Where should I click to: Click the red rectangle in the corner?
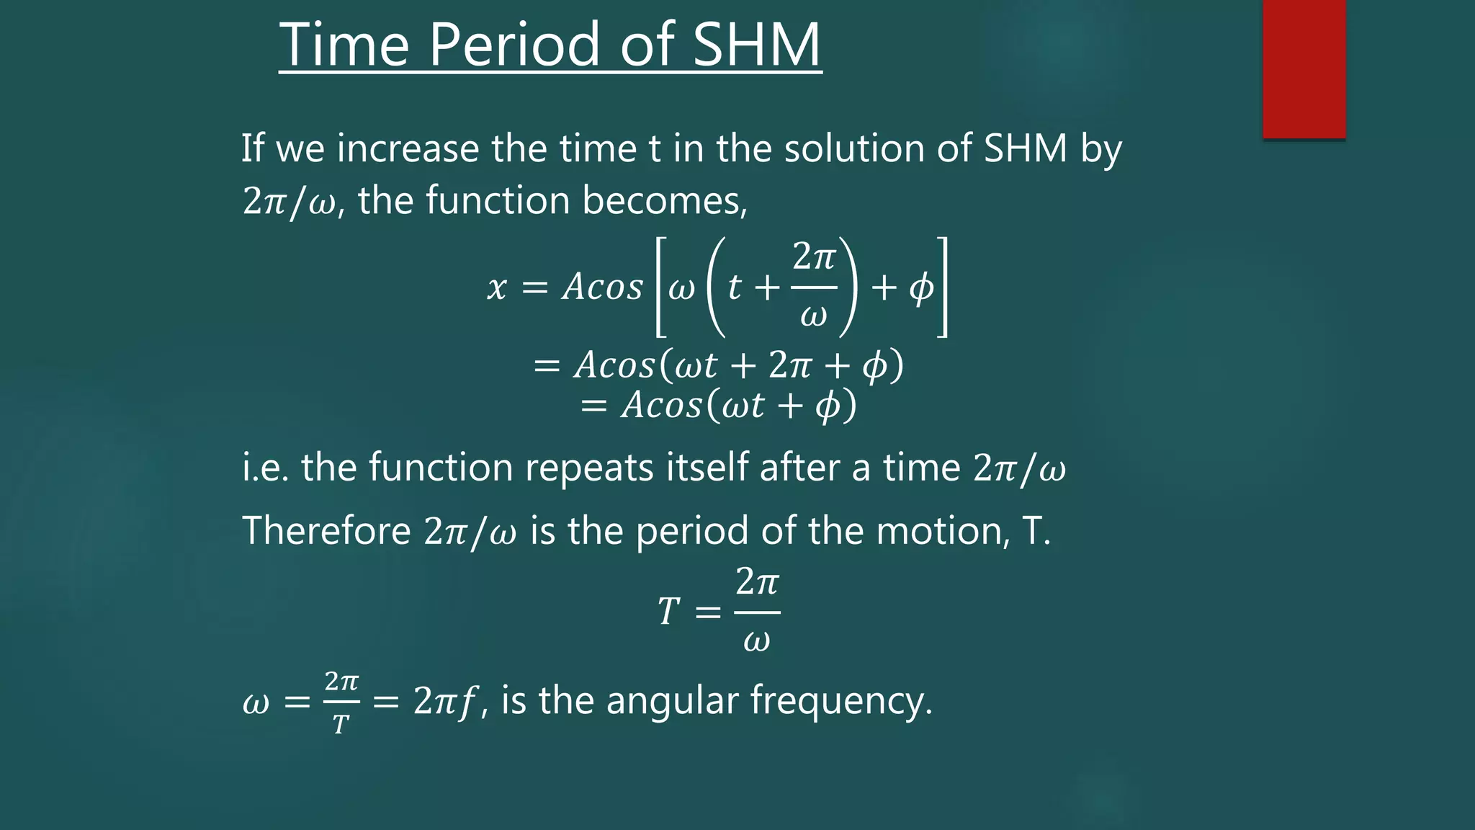click(x=1304, y=68)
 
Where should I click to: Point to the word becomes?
click(x=664, y=200)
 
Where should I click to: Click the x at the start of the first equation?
click(x=497, y=288)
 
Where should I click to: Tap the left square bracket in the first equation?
click(x=660, y=287)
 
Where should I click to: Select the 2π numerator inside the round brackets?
click(x=814, y=257)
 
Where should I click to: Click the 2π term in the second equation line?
click(x=790, y=365)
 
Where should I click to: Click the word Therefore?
click(x=326, y=531)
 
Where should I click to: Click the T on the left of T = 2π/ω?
click(x=668, y=612)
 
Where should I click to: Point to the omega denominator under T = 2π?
click(x=756, y=641)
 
